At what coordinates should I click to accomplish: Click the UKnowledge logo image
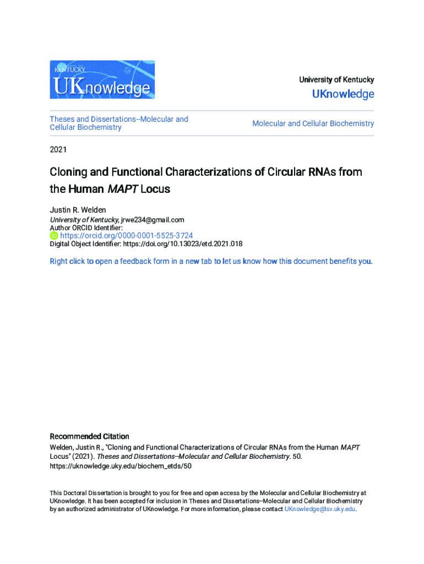pos(102,80)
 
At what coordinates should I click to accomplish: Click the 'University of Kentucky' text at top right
pos(336,80)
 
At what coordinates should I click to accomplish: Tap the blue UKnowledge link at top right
pos(343,94)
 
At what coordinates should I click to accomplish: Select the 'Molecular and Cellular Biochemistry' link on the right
pos(313,123)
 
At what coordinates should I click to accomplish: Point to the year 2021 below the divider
pos(58,149)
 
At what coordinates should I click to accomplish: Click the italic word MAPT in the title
pos(122,189)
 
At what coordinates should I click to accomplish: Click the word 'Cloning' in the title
pos(68,172)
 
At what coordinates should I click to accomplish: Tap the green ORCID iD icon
pos(54,235)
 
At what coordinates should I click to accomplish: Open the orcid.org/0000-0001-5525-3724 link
pos(126,235)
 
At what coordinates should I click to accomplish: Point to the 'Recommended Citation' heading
pos(89,436)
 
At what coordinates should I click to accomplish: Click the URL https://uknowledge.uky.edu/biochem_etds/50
pos(121,466)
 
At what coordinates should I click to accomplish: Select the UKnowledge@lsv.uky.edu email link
pos(320,509)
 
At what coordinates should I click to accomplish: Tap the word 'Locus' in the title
pos(155,189)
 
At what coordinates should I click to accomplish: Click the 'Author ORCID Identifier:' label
pos(86,227)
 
